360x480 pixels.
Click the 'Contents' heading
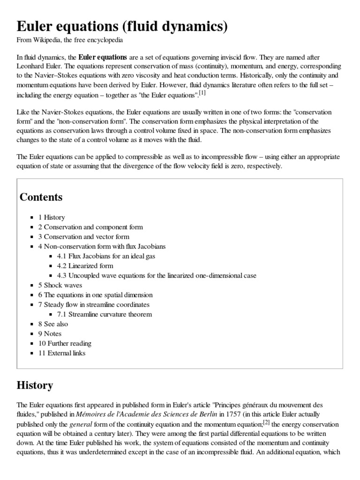41,197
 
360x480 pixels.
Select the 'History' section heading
35,386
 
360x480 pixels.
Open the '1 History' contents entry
52,217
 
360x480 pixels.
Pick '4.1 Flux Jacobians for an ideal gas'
106,256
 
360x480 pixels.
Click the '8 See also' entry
53,324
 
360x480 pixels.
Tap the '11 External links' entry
62,353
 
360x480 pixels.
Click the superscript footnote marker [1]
202,93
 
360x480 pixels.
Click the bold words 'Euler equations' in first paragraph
102,57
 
